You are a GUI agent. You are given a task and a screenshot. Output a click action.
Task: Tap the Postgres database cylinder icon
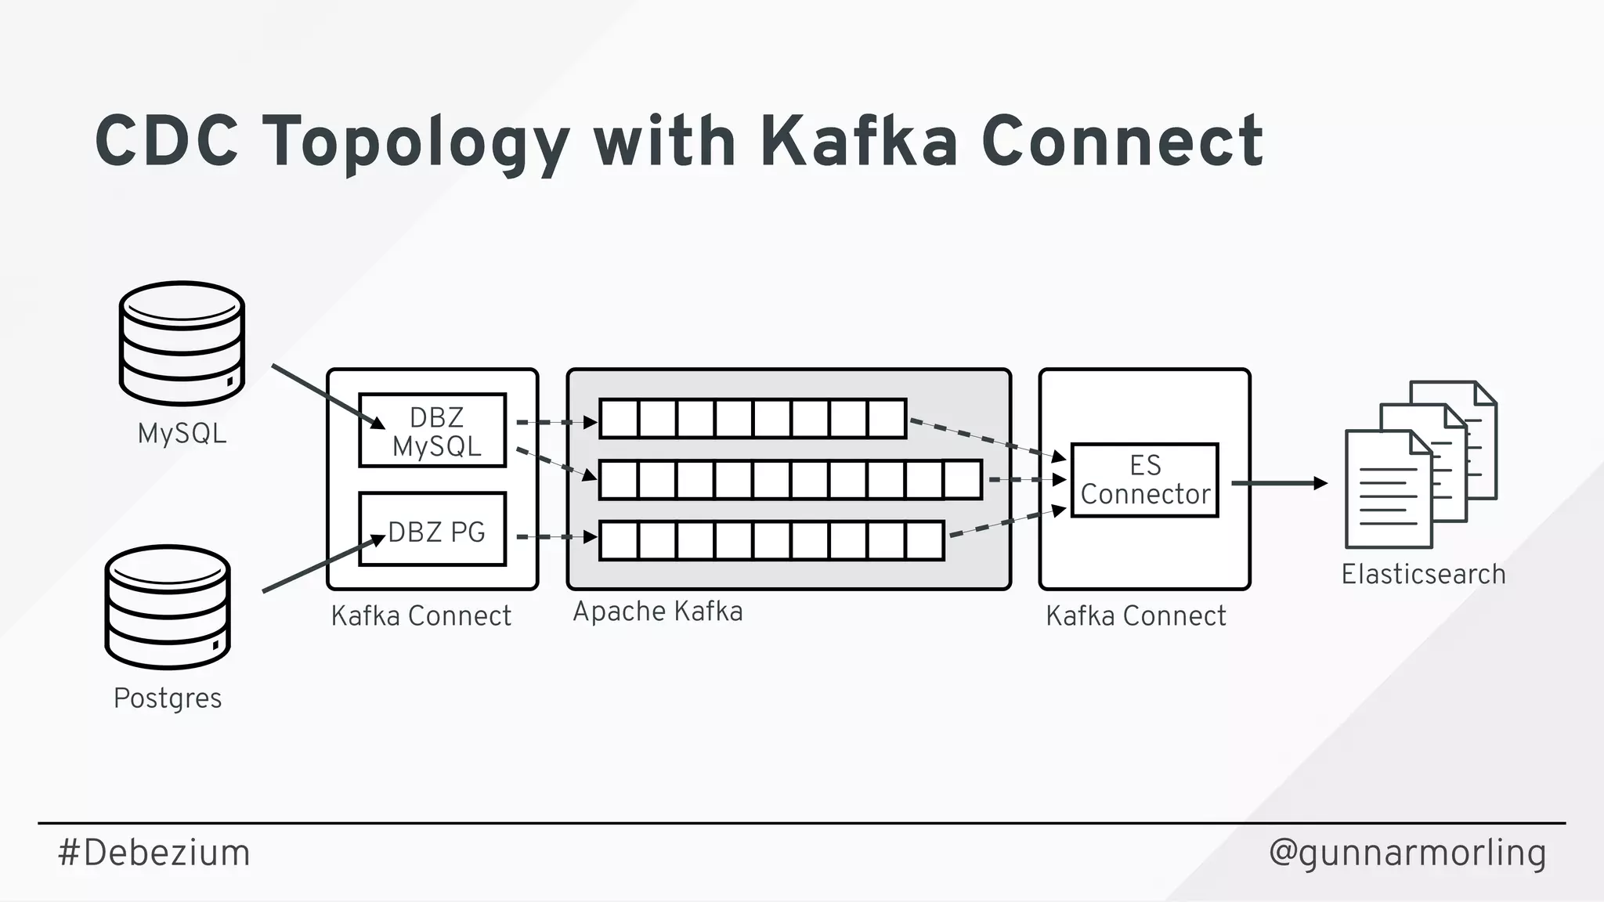click(x=168, y=607)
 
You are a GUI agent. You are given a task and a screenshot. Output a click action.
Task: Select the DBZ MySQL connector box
click(x=432, y=431)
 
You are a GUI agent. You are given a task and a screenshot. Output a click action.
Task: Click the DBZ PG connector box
click(x=432, y=529)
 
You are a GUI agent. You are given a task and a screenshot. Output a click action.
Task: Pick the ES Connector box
click(x=1144, y=480)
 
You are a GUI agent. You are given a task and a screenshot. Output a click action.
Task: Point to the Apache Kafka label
click(x=658, y=612)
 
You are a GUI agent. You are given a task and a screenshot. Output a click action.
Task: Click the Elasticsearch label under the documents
click(x=1423, y=574)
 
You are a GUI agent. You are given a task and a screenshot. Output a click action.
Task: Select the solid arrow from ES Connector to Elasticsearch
click(x=1279, y=483)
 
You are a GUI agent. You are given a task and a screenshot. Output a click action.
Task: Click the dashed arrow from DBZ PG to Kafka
click(x=556, y=537)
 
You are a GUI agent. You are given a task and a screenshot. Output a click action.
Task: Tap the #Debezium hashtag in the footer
click(x=154, y=853)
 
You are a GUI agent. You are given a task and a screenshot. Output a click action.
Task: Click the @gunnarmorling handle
click(x=1407, y=853)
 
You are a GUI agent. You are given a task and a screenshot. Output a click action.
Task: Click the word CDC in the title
click(x=166, y=142)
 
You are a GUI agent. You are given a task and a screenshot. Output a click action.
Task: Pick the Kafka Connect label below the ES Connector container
click(x=1136, y=616)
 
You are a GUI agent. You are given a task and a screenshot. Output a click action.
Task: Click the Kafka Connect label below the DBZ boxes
click(x=421, y=616)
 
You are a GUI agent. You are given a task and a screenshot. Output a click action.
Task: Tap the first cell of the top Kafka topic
click(x=620, y=419)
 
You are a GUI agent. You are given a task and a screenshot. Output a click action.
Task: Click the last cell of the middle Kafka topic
click(x=963, y=479)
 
